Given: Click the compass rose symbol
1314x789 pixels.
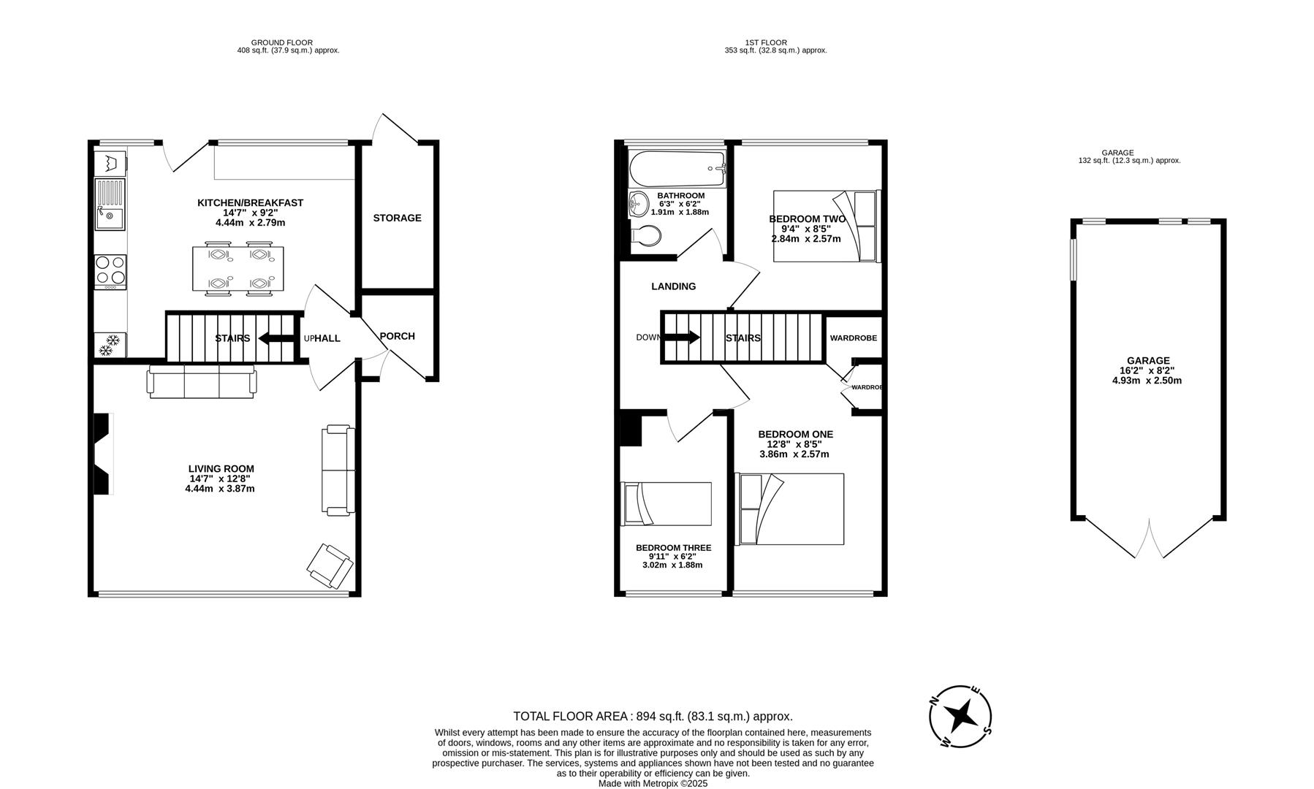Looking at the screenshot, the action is [x=961, y=716].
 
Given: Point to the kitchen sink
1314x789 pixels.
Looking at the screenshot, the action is [x=110, y=205].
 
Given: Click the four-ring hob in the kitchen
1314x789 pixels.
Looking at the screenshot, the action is [x=110, y=272].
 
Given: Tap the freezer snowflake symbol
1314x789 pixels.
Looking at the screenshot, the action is [x=110, y=345].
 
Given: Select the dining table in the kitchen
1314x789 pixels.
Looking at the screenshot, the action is [x=238, y=268].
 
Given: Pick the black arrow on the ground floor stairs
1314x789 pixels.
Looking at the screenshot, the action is [x=276, y=338].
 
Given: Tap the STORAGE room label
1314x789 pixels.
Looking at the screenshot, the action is [x=397, y=218].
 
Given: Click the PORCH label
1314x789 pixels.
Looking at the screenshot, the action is [x=398, y=336].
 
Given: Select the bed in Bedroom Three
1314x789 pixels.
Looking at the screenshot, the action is [x=666, y=503].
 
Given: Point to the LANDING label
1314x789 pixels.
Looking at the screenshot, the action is [x=674, y=286].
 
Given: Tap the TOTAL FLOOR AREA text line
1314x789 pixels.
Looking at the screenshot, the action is [x=653, y=717].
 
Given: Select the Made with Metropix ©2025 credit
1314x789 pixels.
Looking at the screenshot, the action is [x=653, y=783].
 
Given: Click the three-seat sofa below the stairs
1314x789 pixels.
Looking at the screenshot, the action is [x=202, y=381].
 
